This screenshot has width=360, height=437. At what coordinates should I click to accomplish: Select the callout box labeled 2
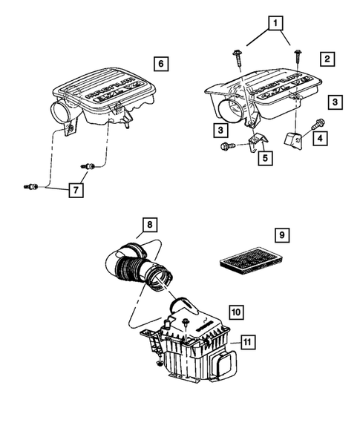327,58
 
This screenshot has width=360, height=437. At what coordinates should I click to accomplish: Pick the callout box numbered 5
264,157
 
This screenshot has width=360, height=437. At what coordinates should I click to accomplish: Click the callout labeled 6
159,62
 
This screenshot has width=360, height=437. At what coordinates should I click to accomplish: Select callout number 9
282,235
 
